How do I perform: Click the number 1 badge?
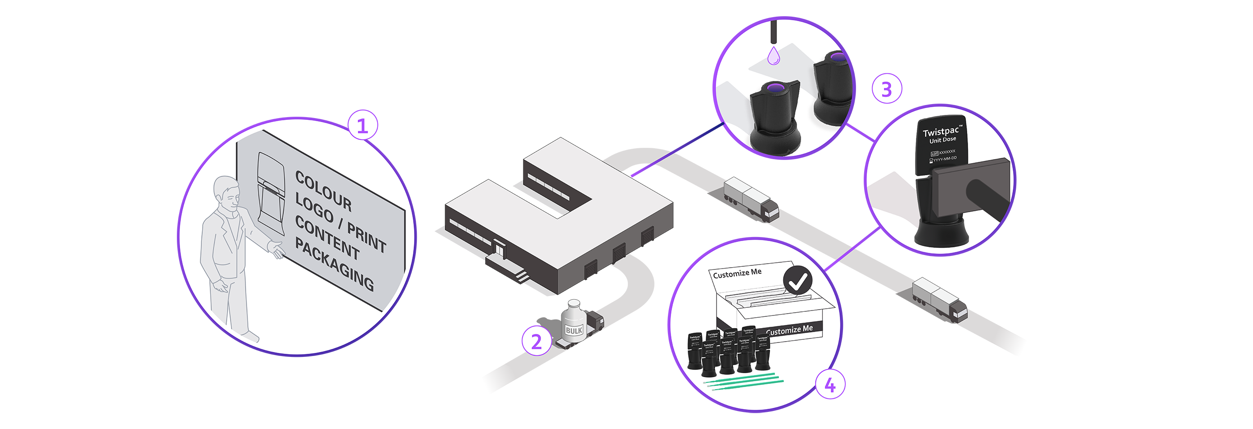click(x=362, y=126)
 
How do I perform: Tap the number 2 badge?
click(x=536, y=342)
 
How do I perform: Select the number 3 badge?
click(x=886, y=90)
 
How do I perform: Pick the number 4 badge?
click(x=830, y=385)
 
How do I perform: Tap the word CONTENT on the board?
click(x=327, y=237)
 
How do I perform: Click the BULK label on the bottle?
click(x=573, y=331)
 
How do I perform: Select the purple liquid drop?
click(x=773, y=56)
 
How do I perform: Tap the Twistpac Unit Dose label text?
click(x=942, y=135)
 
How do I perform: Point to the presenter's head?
click(x=227, y=192)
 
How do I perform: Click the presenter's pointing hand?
click(x=276, y=249)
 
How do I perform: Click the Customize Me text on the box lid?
click(x=737, y=273)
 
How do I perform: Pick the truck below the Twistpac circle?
click(x=941, y=297)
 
